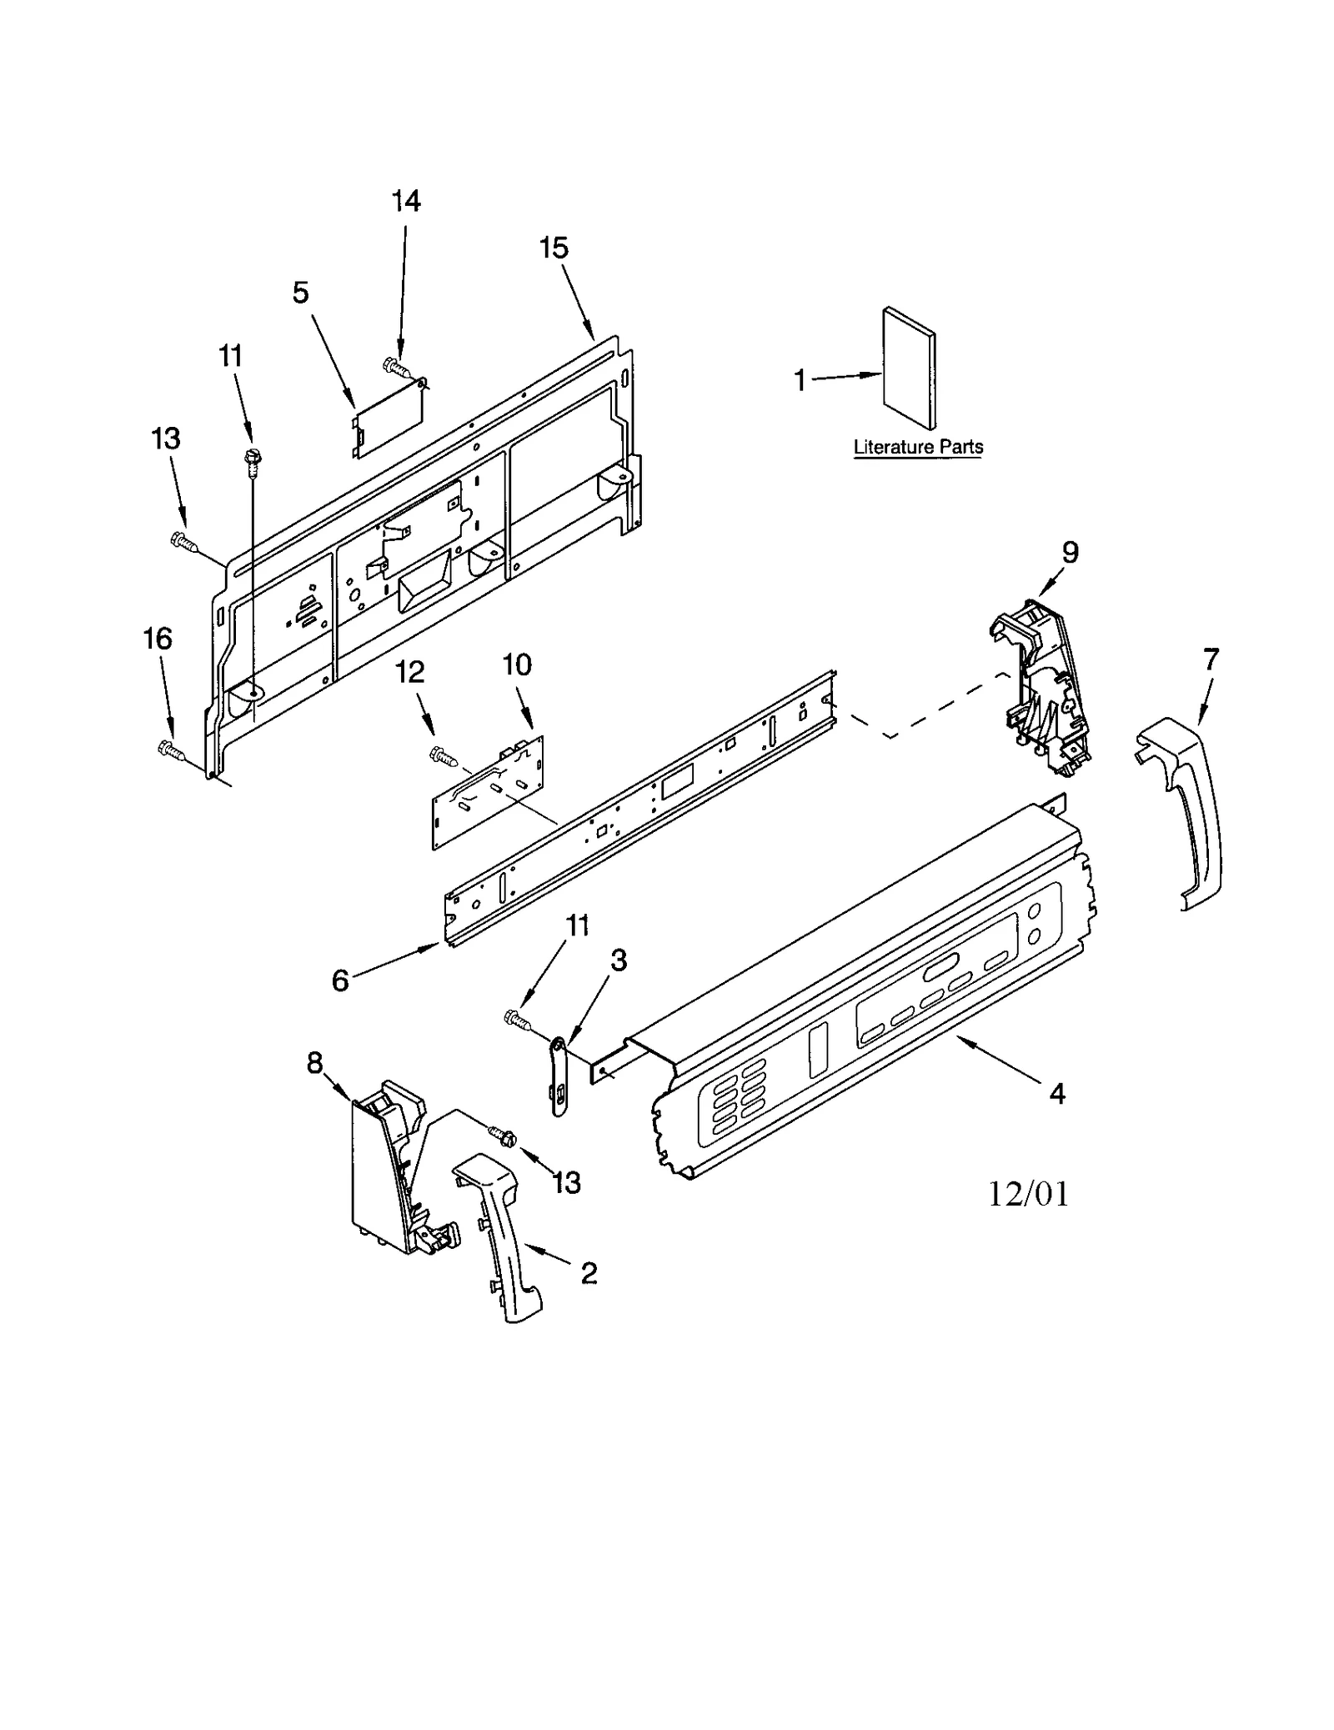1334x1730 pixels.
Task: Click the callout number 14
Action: tap(406, 201)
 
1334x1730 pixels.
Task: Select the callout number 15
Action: tap(554, 248)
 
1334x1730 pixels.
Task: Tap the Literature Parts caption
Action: tap(918, 447)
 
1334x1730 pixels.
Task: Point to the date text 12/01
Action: tap(1028, 1194)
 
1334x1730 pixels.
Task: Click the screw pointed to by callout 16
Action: tap(170, 750)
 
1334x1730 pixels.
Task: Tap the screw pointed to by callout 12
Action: tap(443, 755)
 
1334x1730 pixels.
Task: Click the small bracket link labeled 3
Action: tap(559, 1076)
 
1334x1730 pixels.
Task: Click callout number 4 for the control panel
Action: tap(1056, 1093)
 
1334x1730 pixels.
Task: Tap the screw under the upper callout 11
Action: tap(249, 459)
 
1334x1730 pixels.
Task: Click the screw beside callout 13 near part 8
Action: tap(504, 1136)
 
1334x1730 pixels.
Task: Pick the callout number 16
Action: tap(158, 639)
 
